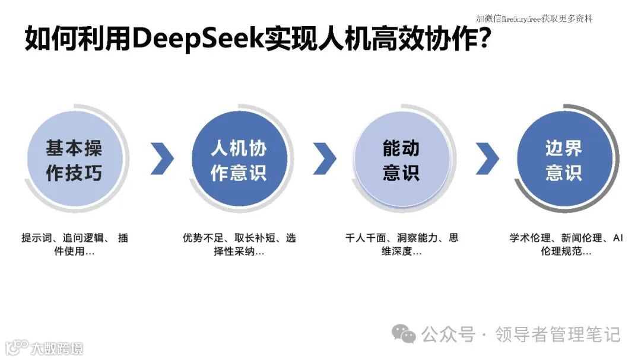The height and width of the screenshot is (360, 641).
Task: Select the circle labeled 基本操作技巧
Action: (x=74, y=160)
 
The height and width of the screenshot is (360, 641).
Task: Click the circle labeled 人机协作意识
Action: (x=238, y=160)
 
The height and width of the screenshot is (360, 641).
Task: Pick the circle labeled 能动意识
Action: (x=401, y=160)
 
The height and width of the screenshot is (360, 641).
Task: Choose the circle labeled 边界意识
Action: (x=564, y=160)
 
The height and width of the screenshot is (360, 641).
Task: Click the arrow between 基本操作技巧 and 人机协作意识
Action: (x=162, y=158)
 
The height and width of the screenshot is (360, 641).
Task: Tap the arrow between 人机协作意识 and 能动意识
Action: (x=325, y=158)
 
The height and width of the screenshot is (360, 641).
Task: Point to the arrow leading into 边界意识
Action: (x=487, y=158)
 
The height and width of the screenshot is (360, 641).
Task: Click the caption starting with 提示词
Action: (x=74, y=244)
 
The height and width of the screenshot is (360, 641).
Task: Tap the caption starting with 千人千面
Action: (x=401, y=244)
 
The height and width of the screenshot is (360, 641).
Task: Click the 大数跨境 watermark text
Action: (x=58, y=348)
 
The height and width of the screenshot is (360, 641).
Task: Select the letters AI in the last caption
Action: (x=617, y=238)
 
